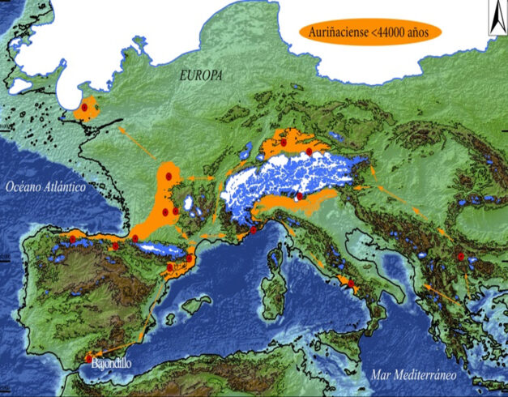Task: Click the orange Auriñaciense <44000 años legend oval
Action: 369,32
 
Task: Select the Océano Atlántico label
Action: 45,187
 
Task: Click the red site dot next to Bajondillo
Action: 89,357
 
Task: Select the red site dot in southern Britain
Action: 83,106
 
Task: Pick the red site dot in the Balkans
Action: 460,256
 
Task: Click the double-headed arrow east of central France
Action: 199,177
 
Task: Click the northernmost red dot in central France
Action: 169,174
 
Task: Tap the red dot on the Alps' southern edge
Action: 300,196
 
